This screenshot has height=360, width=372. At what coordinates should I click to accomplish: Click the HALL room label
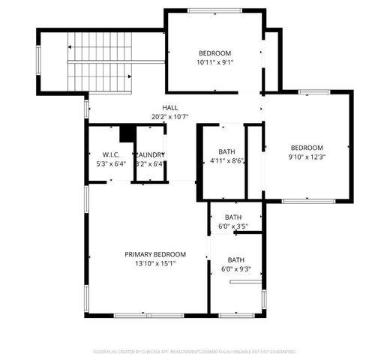pyautogui.click(x=169, y=108)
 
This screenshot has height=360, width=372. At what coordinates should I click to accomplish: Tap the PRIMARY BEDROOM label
pyautogui.click(x=154, y=254)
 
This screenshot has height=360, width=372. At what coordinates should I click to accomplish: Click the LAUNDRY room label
pyautogui.click(x=151, y=154)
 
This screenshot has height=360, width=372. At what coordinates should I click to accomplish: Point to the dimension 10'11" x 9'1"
pyautogui.click(x=214, y=63)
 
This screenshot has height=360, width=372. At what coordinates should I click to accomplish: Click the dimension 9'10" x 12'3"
pyautogui.click(x=307, y=157)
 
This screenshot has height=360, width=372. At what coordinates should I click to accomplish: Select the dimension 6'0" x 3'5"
pyautogui.click(x=232, y=226)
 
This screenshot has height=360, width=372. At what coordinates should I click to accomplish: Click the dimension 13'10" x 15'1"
pyautogui.click(x=154, y=263)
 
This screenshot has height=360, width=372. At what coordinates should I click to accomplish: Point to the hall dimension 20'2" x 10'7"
pyautogui.click(x=169, y=117)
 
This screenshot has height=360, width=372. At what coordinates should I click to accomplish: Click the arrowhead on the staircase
pyautogui.click(x=69, y=47)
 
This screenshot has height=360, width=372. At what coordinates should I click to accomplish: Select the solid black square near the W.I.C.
pyautogui.click(x=127, y=132)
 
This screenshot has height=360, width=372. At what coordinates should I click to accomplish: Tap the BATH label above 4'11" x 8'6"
pyautogui.click(x=226, y=152)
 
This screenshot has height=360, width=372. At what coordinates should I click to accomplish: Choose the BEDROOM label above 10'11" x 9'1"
pyautogui.click(x=214, y=53)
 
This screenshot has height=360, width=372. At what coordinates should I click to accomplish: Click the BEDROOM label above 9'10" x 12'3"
pyautogui.click(x=307, y=148)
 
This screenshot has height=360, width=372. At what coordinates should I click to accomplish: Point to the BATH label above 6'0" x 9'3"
pyautogui.click(x=236, y=259)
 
